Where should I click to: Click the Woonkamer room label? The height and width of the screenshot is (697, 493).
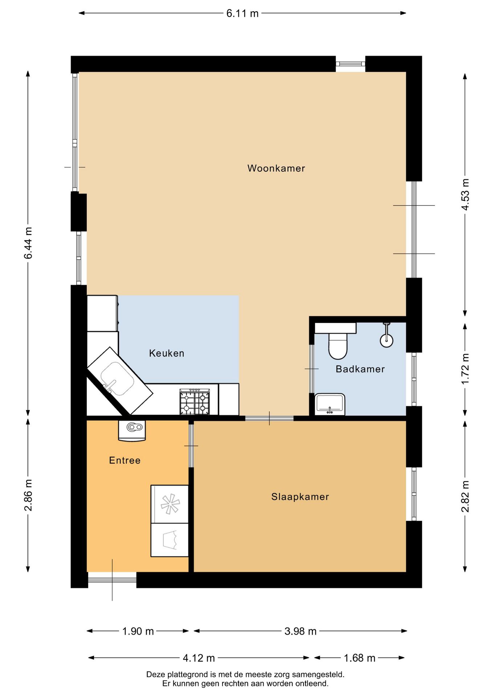(276, 168)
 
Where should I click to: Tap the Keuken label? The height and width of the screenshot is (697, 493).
(167, 353)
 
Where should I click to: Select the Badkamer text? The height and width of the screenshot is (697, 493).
(360, 369)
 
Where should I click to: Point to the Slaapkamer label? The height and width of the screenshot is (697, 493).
(300, 497)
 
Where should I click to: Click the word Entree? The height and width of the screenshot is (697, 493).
(125, 460)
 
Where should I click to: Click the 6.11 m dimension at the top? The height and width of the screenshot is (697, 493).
(243, 13)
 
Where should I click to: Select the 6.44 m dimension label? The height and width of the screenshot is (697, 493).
(28, 243)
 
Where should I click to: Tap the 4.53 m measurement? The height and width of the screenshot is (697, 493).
(465, 194)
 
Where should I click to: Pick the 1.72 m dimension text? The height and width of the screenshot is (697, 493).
(465, 369)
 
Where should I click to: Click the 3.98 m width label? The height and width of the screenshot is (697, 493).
(301, 631)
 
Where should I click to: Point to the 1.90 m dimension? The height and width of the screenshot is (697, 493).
(138, 631)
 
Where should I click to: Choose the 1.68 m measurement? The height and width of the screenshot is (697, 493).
(359, 658)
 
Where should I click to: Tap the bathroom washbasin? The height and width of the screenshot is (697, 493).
(330, 404)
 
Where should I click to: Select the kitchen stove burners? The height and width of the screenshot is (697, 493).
(195, 402)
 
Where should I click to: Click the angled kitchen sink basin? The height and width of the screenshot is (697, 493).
(117, 379)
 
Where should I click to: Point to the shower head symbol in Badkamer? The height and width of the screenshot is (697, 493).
(387, 335)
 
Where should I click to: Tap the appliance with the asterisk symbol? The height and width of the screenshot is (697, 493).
(170, 504)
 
